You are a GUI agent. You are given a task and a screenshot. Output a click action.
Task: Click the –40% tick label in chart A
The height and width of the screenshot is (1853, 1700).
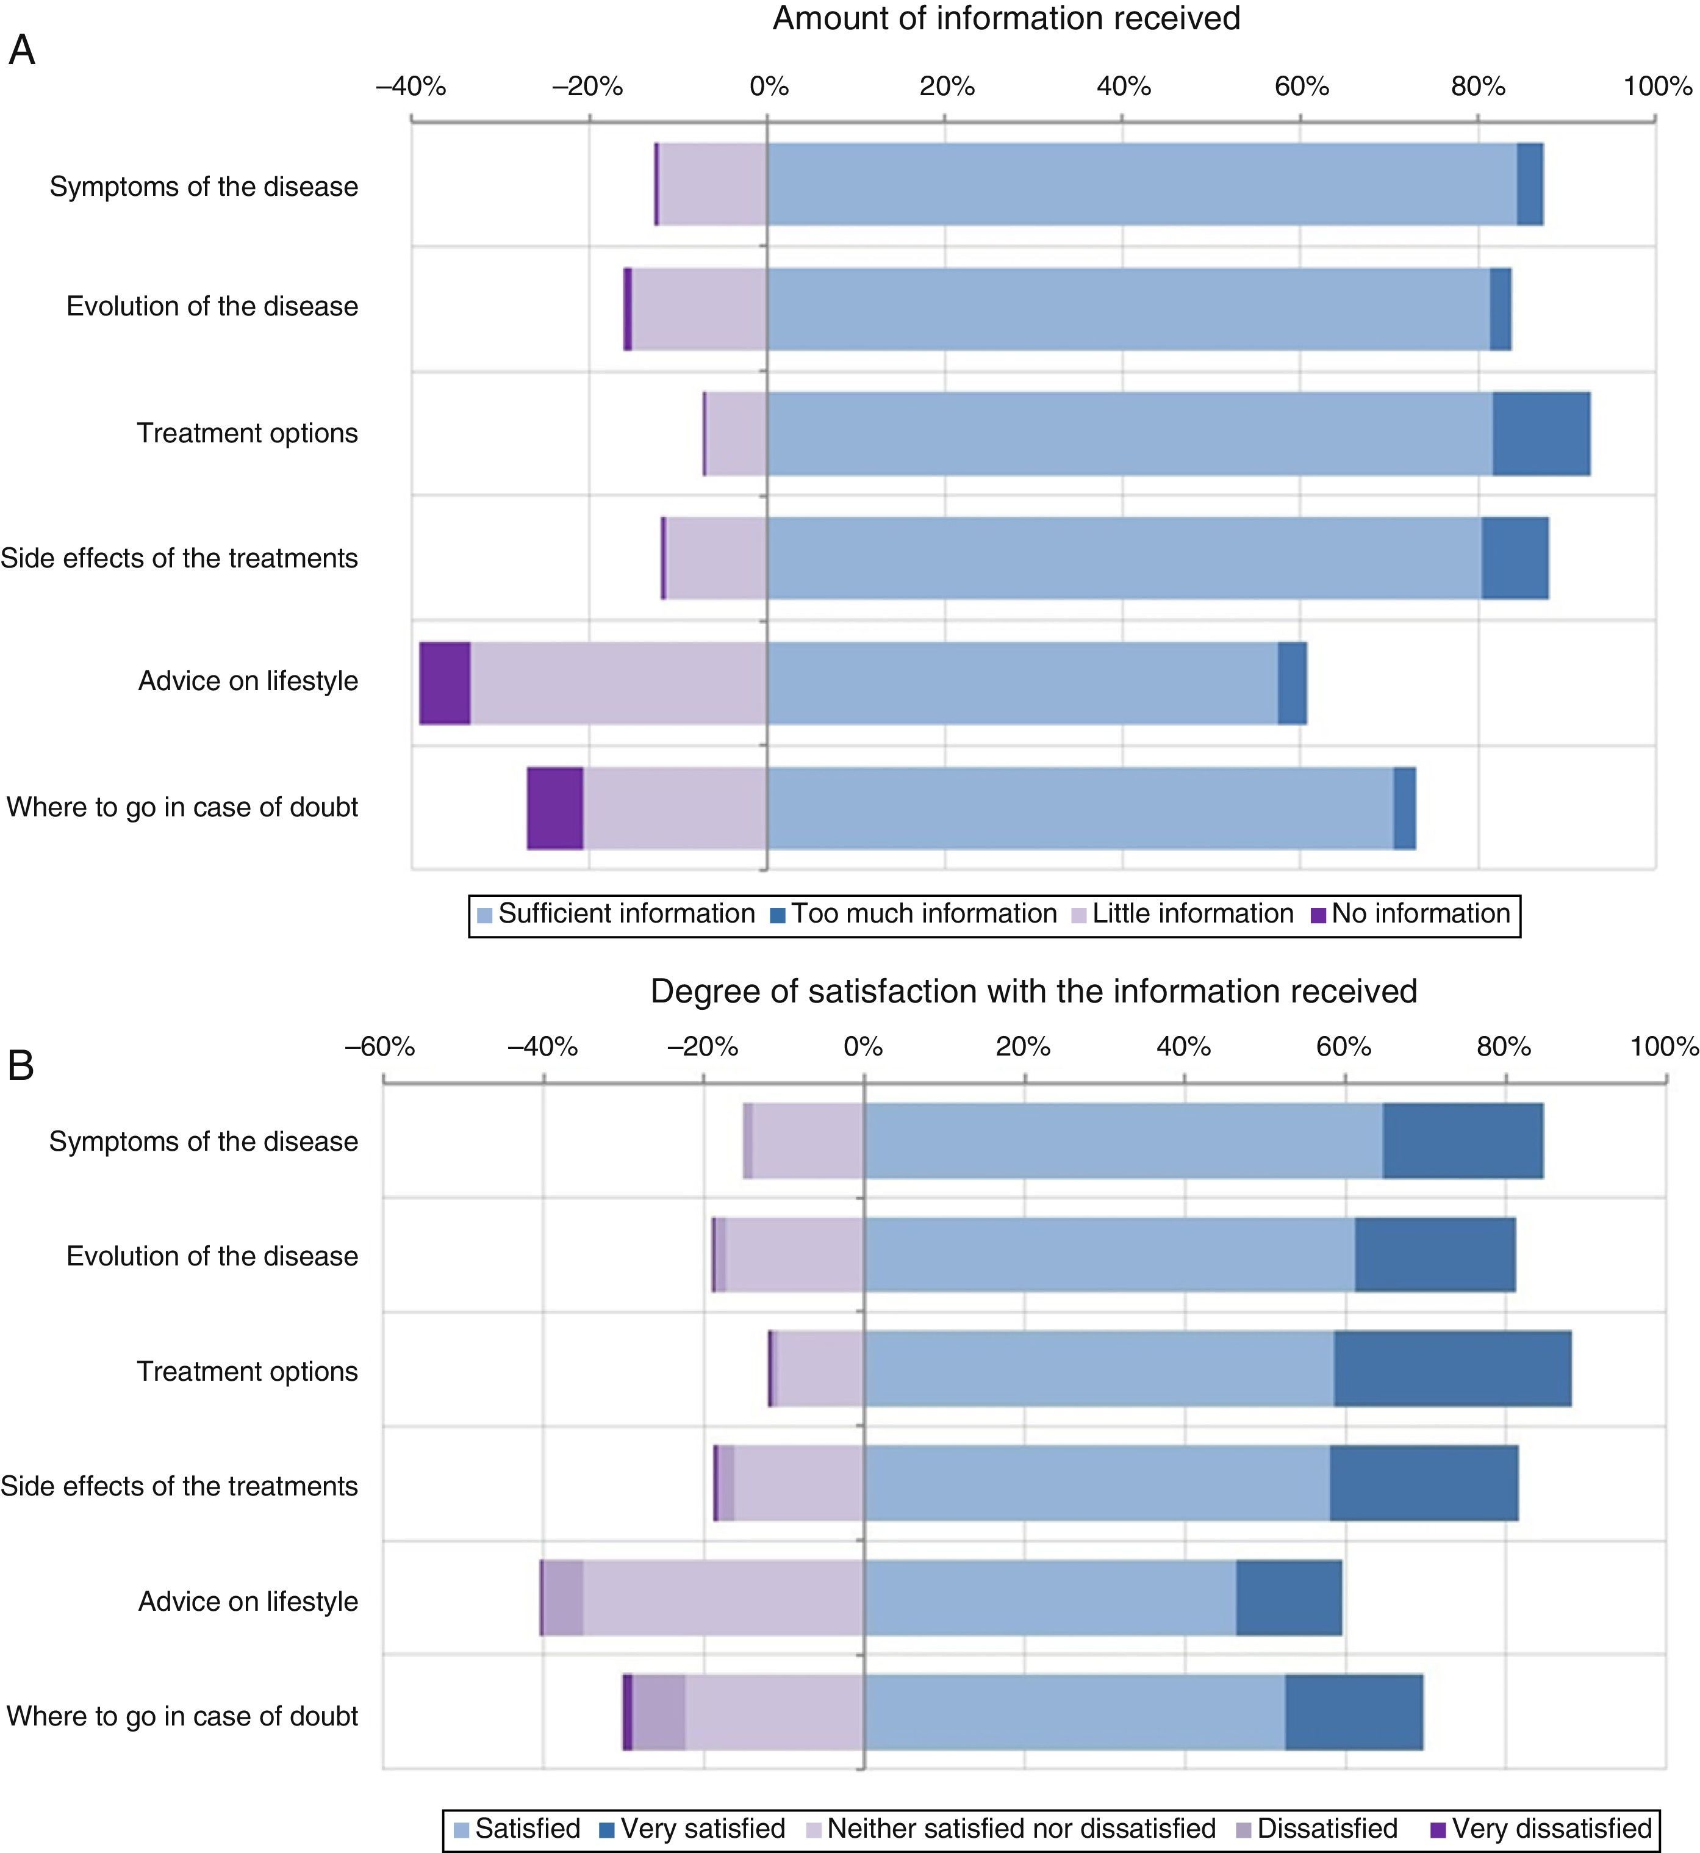click(x=411, y=87)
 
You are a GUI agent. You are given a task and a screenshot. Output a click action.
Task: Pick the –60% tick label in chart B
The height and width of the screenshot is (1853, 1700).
click(x=380, y=1047)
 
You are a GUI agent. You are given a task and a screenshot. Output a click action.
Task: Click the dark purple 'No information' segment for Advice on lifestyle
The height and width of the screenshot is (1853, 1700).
click(x=445, y=683)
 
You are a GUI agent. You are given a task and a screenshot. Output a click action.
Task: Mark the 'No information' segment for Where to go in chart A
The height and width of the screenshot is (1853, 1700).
click(x=554, y=808)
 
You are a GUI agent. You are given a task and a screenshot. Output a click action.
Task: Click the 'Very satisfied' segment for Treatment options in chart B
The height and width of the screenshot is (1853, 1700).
click(x=1452, y=1368)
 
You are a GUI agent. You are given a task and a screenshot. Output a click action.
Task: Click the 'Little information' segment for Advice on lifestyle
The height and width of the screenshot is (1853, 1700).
click(x=618, y=683)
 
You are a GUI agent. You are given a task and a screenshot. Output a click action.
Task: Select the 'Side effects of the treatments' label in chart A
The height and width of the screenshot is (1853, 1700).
click(x=179, y=558)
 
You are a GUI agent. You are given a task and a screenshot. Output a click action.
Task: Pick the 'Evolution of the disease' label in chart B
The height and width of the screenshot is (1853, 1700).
click(x=212, y=1256)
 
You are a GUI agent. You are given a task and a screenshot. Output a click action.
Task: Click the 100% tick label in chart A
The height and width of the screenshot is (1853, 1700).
click(x=1657, y=87)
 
